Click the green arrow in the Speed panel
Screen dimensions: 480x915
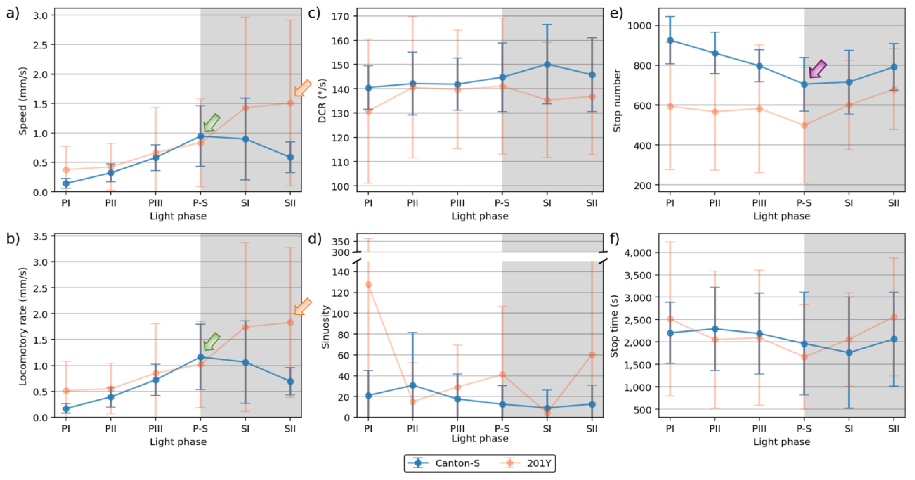(212, 123)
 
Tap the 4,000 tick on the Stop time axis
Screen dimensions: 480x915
(638, 253)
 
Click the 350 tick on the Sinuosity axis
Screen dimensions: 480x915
(340, 242)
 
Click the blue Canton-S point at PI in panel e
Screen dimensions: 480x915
(670, 40)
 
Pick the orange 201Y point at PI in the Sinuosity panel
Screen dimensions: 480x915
(368, 285)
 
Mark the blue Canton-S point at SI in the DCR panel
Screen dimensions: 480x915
(547, 65)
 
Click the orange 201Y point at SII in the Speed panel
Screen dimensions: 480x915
(290, 103)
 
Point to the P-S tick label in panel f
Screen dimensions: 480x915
(804, 429)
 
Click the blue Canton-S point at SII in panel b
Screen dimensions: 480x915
(290, 381)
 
